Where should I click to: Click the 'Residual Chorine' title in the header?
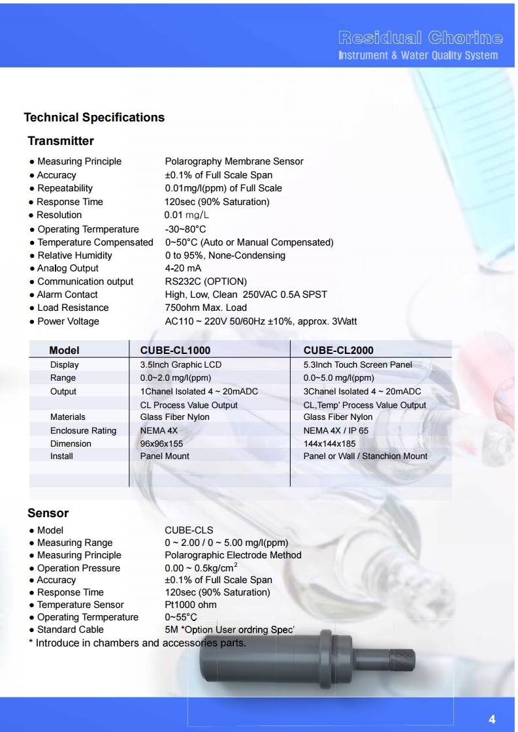(x=421, y=37)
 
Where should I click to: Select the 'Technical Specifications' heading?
(x=94, y=118)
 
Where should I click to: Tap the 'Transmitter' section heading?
(x=61, y=141)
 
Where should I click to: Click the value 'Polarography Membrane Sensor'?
(x=234, y=161)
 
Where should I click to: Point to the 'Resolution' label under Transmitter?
(x=59, y=215)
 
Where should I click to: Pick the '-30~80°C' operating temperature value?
(x=186, y=229)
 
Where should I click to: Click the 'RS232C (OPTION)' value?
(x=206, y=281)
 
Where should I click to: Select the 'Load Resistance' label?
(x=73, y=308)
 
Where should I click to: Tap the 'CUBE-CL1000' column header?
(x=175, y=351)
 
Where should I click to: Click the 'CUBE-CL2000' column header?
(x=338, y=351)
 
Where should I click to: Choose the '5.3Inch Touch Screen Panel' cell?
(x=357, y=365)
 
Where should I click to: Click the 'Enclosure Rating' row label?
(x=83, y=431)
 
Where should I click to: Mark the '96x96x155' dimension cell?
(x=161, y=444)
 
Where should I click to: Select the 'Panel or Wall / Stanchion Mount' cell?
(x=365, y=456)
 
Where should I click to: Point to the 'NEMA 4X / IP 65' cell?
(x=336, y=431)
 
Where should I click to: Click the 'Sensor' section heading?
(x=48, y=513)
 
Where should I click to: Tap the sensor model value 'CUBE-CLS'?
(x=189, y=530)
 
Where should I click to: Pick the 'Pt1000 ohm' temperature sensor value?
(x=191, y=605)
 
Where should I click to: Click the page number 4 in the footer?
(x=492, y=720)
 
